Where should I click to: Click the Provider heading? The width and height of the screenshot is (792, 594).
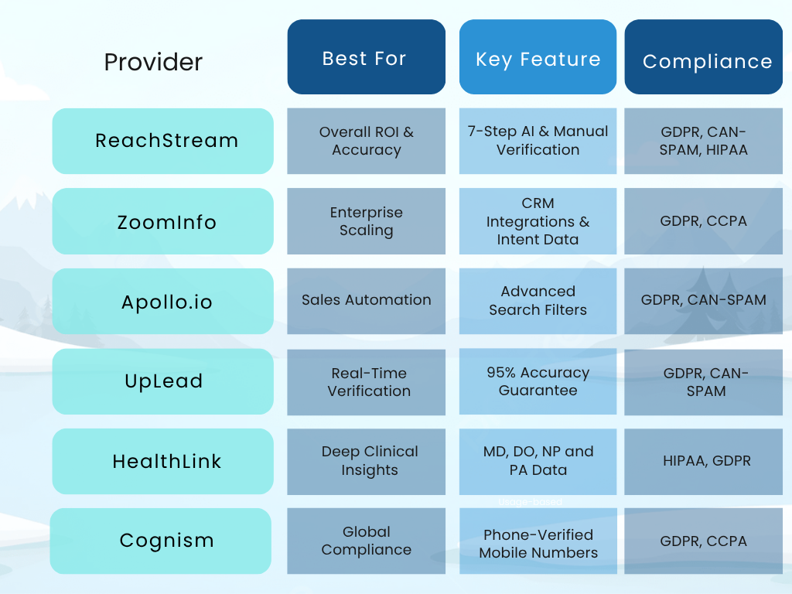pyautogui.click(x=153, y=62)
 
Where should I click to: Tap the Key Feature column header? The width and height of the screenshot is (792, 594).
pyautogui.click(x=538, y=60)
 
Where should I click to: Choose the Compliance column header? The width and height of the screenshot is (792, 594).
pyautogui.click(x=707, y=61)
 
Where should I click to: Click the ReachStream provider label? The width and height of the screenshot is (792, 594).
pyautogui.click(x=166, y=141)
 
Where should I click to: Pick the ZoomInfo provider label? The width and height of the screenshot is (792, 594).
pyautogui.click(x=166, y=222)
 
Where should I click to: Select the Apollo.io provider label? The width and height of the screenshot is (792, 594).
pyautogui.click(x=166, y=302)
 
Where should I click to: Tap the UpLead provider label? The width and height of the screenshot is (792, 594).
pyautogui.click(x=164, y=381)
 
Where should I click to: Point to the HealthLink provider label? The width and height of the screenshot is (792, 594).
pyautogui.click(x=166, y=462)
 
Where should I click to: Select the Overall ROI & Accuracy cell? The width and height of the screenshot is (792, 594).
pyautogui.click(x=367, y=141)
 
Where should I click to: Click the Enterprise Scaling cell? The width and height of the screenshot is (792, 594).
pyautogui.click(x=367, y=221)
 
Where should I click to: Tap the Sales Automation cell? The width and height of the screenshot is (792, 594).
pyautogui.click(x=367, y=300)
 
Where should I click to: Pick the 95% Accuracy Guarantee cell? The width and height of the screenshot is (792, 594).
pyautogui.click(x=538, y=381)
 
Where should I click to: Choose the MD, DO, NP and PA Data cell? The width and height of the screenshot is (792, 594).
pyautogui.click(x=538, y=460)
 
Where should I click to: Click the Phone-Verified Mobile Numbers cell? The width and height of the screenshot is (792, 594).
pyautogui.click(x=538, y=543)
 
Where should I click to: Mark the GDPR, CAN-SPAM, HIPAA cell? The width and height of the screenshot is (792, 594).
pyautogui.click(x=703, y=141)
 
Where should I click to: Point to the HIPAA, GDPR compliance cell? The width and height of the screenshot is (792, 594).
pyautogui.click(x=706, y=461)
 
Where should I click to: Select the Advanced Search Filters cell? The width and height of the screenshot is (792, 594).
pyautogui.click(x=538, y=301)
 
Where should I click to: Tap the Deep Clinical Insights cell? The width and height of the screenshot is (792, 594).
pyautogui.click(x=369, y=461)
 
